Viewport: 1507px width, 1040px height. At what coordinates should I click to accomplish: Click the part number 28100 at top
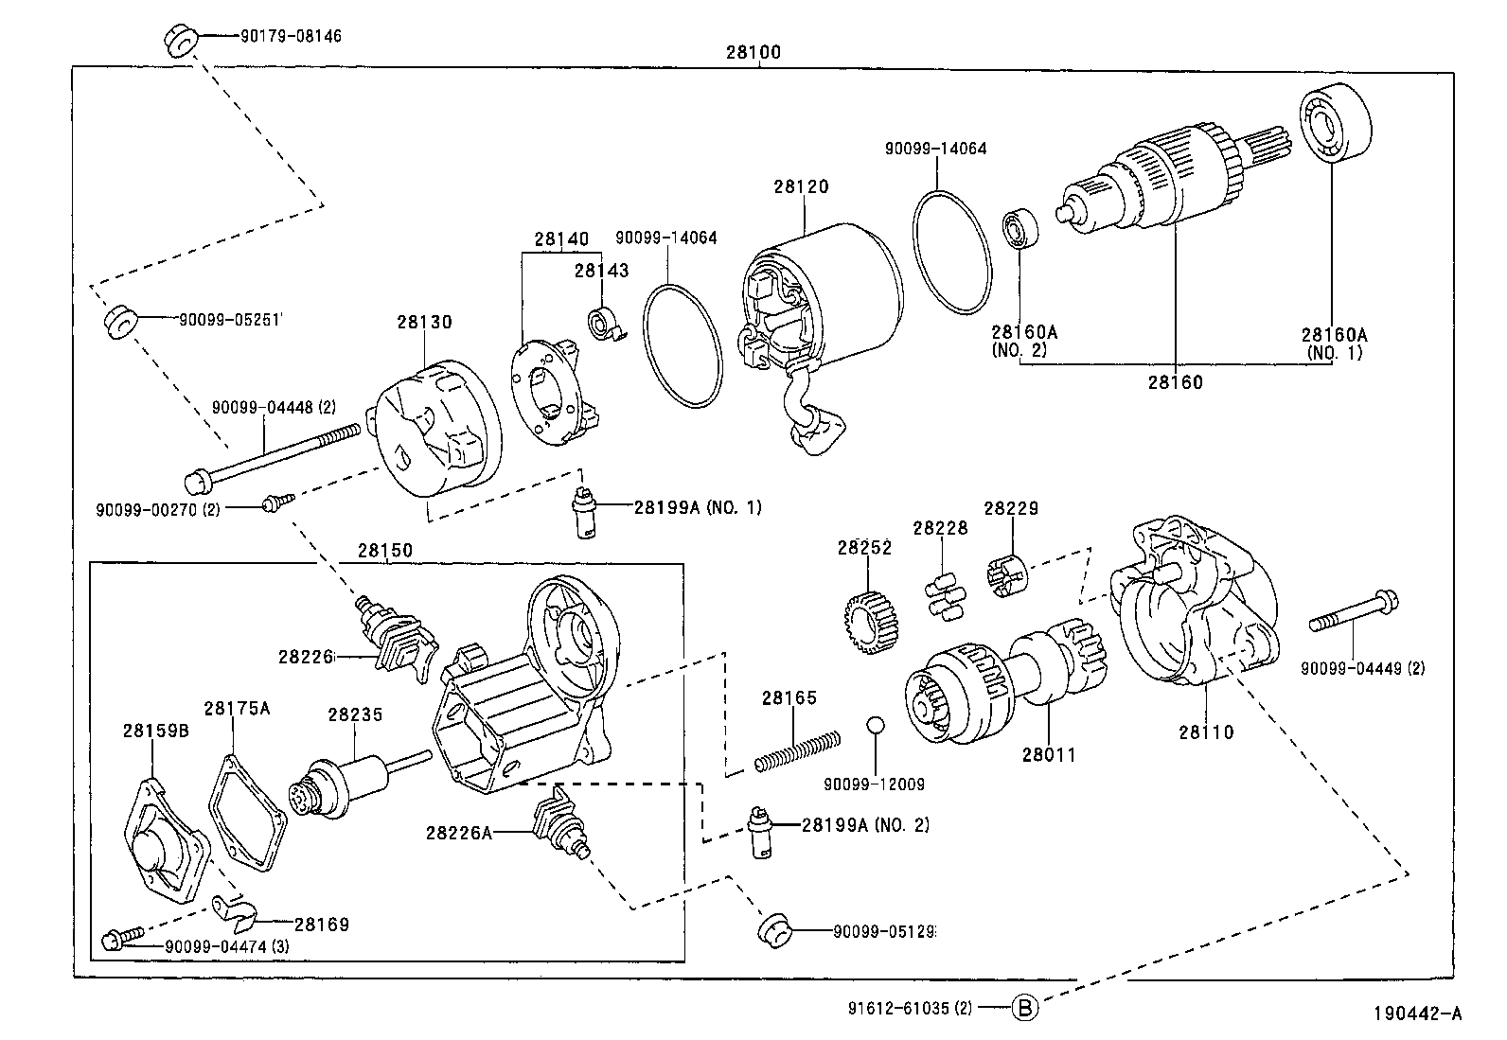click(753, 53)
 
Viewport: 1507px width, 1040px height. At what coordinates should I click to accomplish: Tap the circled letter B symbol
click(1024, 1008)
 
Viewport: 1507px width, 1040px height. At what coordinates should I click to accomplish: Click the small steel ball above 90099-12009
click(875, 725)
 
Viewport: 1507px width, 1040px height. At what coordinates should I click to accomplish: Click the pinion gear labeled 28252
click(871, 626)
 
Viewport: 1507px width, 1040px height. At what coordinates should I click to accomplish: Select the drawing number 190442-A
click(1417, 1014)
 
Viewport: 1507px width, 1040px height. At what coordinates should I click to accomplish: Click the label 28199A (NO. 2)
click(865, 825)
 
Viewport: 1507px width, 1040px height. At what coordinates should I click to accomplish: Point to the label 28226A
click(458, 833)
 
